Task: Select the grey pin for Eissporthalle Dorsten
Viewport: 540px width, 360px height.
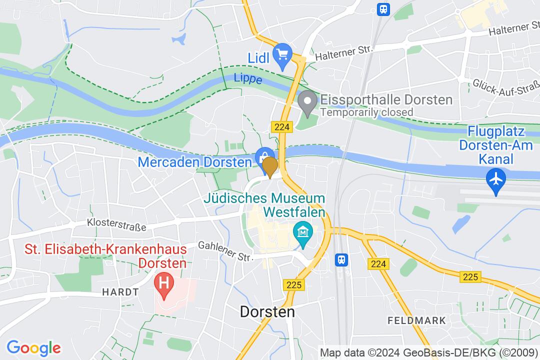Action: point(307,102)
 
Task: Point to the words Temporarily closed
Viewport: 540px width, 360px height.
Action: point(366,112)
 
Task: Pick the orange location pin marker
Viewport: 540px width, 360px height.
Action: point(270,167)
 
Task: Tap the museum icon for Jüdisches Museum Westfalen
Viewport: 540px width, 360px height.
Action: point(303,233)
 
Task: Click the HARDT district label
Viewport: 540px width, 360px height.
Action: point(117,291)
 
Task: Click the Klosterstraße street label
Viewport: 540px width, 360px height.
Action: point(116,223)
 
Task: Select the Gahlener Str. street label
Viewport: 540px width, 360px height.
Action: point(224,250)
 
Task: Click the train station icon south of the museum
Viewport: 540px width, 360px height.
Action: point(341,259)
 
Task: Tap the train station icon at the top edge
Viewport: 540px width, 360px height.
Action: point(383,8)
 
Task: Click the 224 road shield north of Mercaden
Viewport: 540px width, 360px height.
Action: point(282,127)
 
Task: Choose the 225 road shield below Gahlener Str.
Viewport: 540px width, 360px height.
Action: point(294,285)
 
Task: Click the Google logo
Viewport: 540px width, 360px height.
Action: point(33,347)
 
